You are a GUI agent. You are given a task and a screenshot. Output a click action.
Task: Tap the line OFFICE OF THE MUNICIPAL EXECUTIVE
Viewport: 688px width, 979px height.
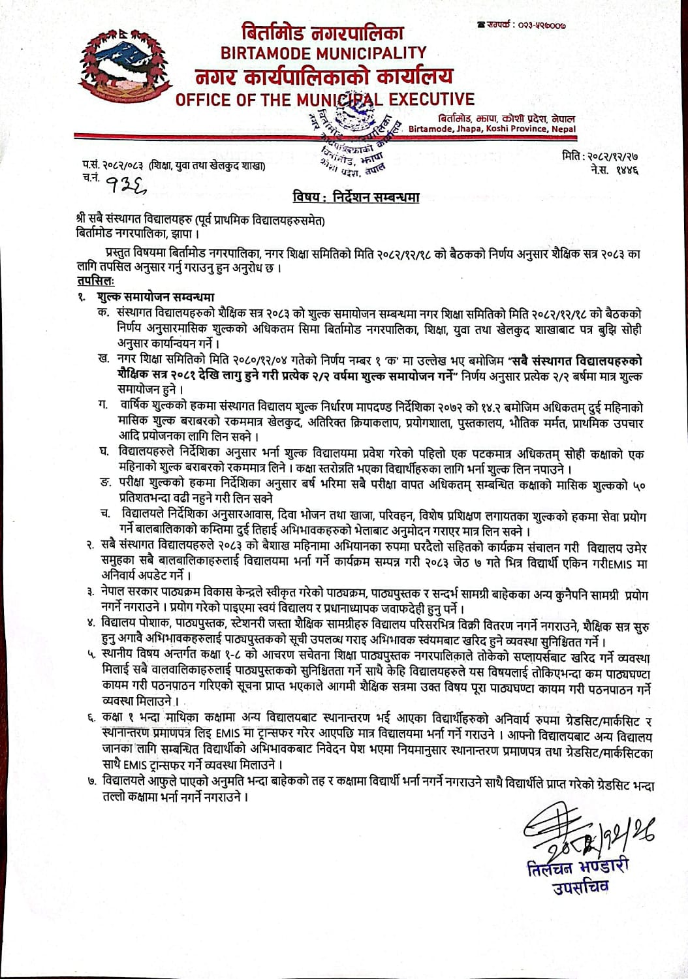324,100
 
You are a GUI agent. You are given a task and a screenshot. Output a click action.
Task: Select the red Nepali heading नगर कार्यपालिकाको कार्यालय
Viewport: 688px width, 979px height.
324,77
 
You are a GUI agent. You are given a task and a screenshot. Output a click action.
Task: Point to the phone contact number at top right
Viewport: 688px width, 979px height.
530,25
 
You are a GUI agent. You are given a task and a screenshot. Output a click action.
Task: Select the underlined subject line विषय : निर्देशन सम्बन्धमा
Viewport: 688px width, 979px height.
355,197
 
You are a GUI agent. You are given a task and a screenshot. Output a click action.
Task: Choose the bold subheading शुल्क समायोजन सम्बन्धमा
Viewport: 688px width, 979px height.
155,297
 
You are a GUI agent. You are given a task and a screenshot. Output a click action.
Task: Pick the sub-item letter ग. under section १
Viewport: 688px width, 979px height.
103,406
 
